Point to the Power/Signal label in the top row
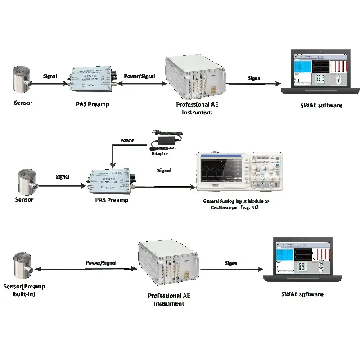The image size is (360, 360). pyautogui.click(x=139, y=76)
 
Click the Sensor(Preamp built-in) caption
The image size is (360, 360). pyautogui.click(x=24, y=290)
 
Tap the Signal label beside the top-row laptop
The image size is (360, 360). pyautogui.click(x=255, y=78)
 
